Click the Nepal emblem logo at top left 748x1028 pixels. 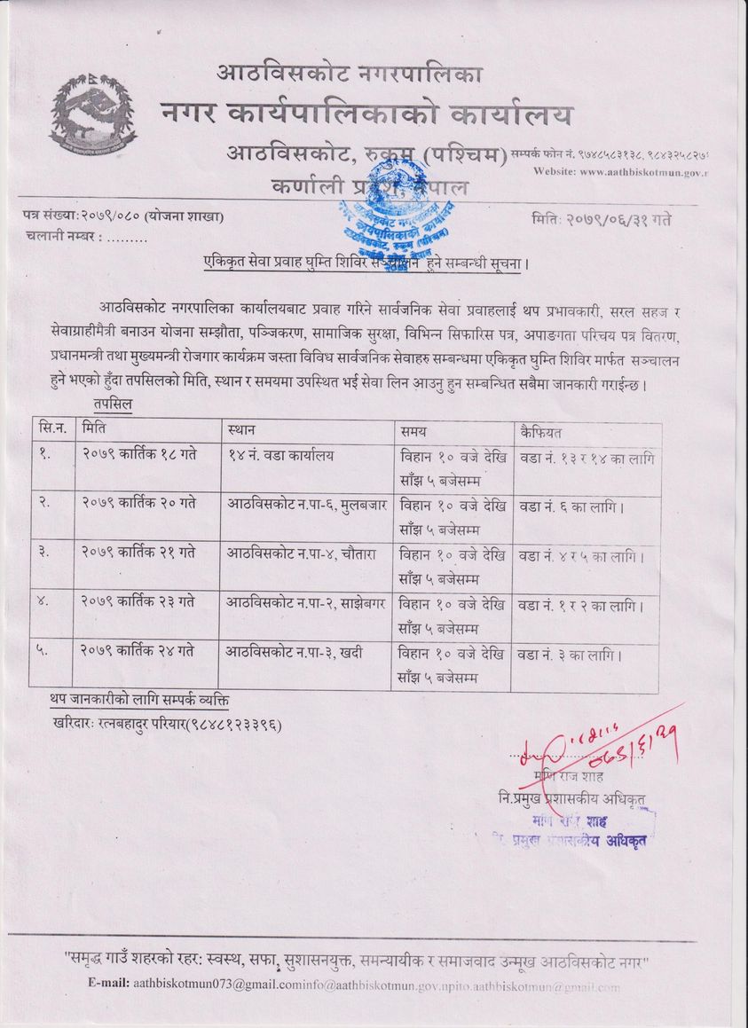click(93, 114)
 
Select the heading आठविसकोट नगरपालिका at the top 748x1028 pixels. click(349, 74)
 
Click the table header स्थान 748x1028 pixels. click(241, 431)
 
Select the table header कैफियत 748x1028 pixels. click(544, 431)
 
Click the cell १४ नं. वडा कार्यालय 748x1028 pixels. click(282, 455)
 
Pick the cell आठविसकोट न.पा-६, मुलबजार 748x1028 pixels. click(306, 503)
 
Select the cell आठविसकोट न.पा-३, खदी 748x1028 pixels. click(294, 655)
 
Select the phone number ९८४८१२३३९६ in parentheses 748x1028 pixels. click(233, 725)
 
